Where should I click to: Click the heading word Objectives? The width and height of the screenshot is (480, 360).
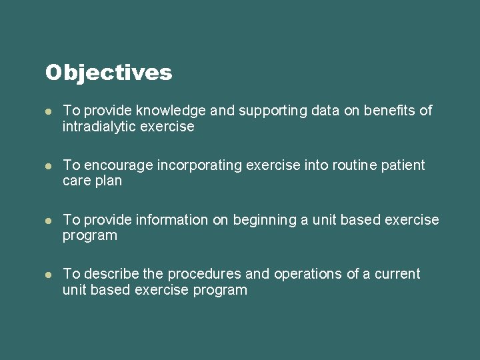[x=109, y=73]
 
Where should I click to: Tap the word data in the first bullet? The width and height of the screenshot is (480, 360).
[x=325, y=111]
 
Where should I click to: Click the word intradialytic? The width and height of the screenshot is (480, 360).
[x=99, y=127]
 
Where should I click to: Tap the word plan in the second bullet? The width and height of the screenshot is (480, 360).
[x=108, y=181]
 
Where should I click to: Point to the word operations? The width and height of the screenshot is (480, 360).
[x=307, y=274]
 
